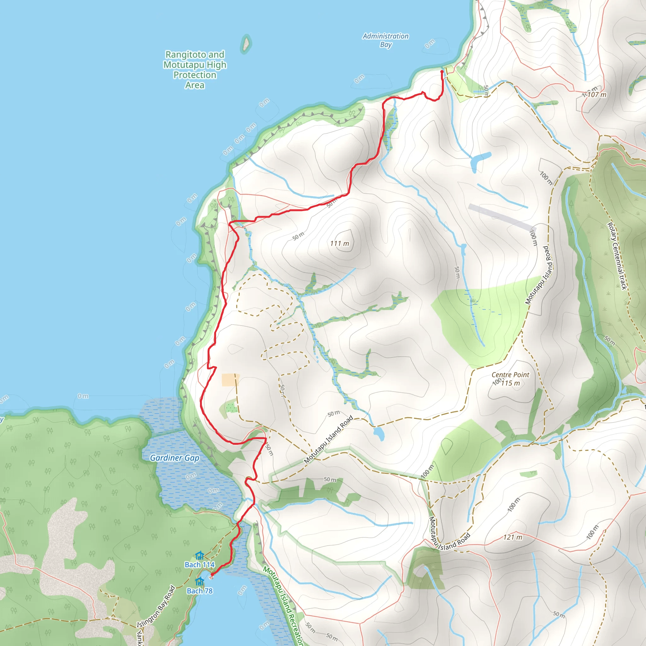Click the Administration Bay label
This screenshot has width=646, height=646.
385,40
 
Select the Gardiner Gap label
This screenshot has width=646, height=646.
174,458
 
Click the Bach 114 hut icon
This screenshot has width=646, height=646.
200,555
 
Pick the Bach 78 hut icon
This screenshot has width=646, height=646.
200,581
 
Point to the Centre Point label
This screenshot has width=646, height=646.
510,375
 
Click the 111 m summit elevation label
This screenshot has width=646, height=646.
339,244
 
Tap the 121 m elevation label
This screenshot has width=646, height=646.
513,537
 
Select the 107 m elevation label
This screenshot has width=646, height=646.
597,95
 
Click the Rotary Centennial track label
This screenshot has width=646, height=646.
617,256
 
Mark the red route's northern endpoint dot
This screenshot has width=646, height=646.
442,72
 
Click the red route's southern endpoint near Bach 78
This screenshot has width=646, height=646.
212,574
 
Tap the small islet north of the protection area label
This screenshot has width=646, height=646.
246,44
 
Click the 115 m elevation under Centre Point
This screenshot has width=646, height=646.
511,383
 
